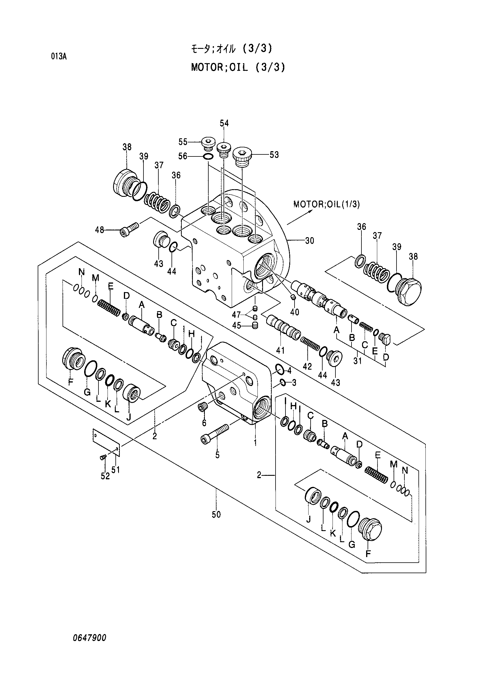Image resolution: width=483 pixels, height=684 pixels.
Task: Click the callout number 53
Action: pos(274,155)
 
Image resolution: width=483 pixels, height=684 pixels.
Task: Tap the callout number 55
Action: pos(183,142)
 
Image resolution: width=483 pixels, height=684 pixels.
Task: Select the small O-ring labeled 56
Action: pos(208,156)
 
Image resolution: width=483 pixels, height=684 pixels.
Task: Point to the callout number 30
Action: pos(309,240)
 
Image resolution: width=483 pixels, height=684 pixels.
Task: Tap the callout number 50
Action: pos(216,514)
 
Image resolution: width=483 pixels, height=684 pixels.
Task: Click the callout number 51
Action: pos(115,470)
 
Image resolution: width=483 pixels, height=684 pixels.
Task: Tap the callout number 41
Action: pos(280,351)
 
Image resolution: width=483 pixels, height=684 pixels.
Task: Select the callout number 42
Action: pos(307,366)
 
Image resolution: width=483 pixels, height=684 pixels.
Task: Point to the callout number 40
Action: pos(295,312)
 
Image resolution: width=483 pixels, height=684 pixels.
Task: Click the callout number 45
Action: pos(237,325)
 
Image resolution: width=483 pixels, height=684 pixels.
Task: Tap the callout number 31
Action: pos(357,361)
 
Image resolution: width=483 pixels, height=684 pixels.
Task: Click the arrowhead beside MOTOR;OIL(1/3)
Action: pos(311,211)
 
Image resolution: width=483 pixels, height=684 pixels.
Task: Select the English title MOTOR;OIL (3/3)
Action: pos(238,67)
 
